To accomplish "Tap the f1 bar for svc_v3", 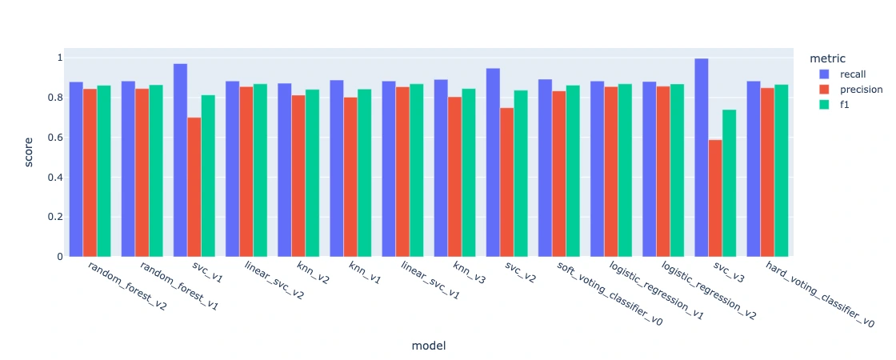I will [x=729, y=183].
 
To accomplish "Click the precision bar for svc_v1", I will [x=194, y=187].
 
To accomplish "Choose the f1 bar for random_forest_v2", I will [x=104, y=171].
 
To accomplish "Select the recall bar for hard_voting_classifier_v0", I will [x=754, y=169].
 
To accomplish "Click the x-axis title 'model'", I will [x=428, y=346].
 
